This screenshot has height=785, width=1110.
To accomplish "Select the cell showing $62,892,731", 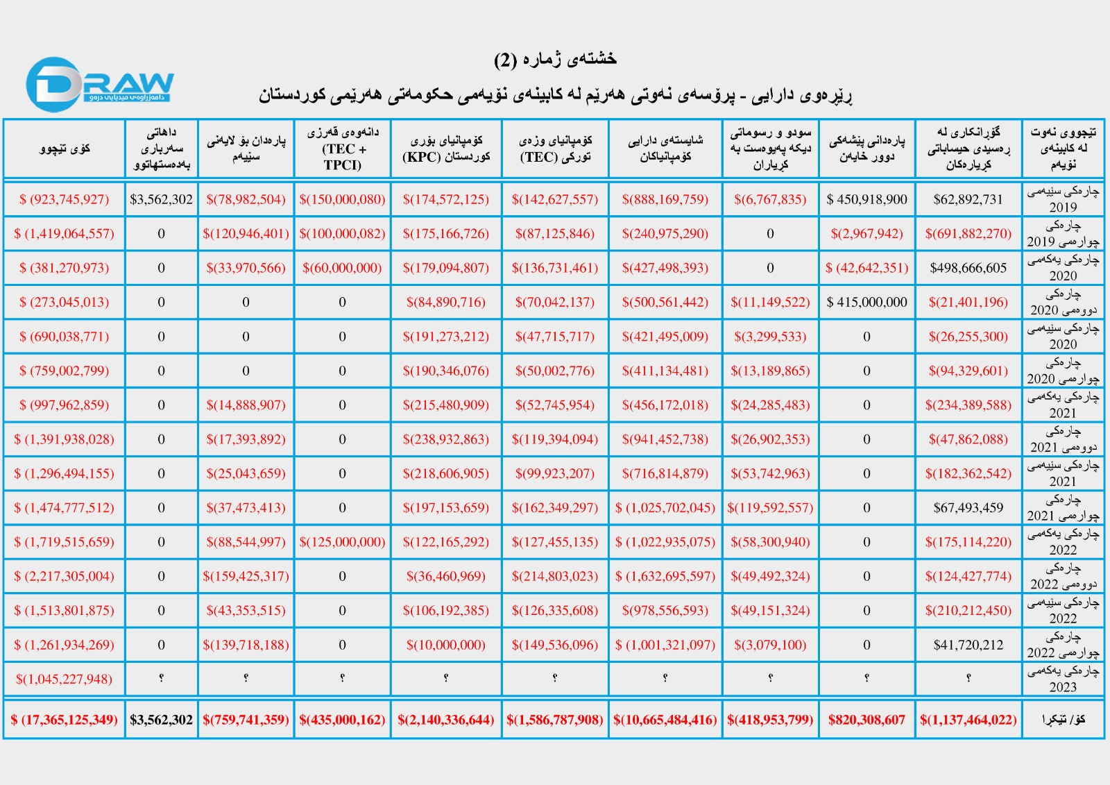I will [x=968, y=199].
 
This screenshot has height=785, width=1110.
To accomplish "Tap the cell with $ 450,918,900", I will [x=866, y=199].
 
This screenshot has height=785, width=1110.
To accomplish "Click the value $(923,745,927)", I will [x=65, y=199].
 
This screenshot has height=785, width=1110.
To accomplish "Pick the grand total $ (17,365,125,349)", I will [x=65, y=720].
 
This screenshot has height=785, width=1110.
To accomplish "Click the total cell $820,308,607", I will [x=866, y=720].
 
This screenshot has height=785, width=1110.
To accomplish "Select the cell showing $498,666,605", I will [x=968, y=268].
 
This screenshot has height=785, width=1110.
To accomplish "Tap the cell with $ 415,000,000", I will [x=866, y=302].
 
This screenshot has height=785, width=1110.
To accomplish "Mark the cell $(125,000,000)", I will [x=342, y=542].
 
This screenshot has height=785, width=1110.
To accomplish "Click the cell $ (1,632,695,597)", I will [x=665, y=576].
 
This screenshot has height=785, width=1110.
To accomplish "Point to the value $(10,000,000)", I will [x=446, y=645].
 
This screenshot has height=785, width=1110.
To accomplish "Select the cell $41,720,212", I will [x=968, y=645].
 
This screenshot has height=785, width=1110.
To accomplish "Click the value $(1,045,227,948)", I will [x=65, y=679].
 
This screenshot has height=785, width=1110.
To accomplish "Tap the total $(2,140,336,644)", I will [x=446, y=720].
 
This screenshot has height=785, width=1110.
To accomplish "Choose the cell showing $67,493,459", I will [x=968, y=507].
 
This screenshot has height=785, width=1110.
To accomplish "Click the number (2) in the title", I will [x=505, y=60].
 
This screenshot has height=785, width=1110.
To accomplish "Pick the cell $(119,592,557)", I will [x=770, y=507].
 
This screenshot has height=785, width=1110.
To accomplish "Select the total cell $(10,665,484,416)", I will [x=665, y=720].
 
